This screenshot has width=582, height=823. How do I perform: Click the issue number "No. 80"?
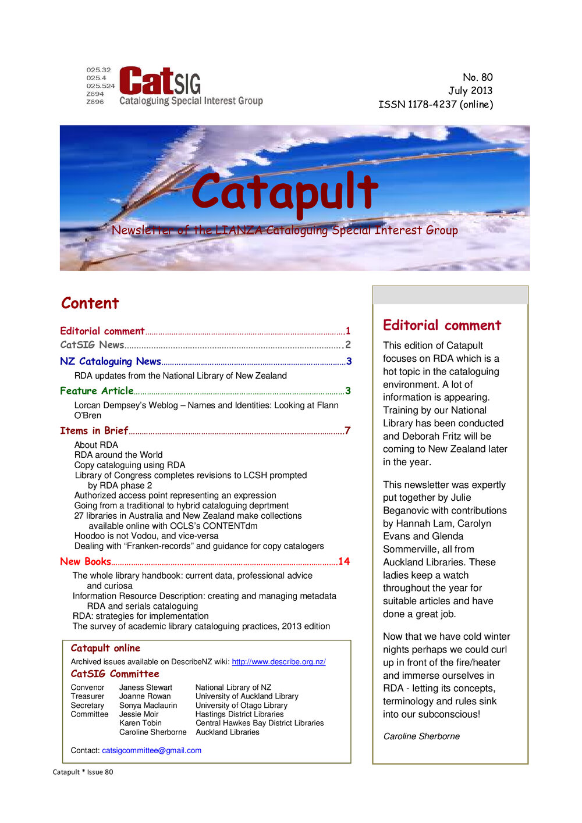coord(477,77)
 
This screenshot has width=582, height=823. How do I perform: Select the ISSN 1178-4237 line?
coord(435,105)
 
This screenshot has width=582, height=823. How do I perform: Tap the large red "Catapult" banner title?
coord(285,193)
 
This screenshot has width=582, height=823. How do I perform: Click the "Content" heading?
coord(90,303)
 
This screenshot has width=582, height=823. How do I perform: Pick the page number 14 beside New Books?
coord(344,561)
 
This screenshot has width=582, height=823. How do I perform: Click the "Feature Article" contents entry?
coord(97,391)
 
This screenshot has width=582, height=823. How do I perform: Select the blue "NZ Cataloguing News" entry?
coord(110,361)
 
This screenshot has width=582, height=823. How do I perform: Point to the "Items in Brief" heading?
coord(94,430)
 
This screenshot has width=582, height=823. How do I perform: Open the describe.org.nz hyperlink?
coord(278,662)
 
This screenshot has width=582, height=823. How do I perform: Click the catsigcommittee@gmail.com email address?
coord(151,750)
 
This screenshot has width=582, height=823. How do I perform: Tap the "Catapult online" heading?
coord(105,648)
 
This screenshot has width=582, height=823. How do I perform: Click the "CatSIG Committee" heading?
coord(115,674)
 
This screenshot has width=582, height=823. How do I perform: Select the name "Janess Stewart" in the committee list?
coord(145,687)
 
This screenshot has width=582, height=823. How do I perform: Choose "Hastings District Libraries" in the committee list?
coord(239,714)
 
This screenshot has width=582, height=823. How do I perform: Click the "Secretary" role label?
coord(87,706)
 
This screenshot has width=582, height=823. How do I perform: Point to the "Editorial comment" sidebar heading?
coord(442,325)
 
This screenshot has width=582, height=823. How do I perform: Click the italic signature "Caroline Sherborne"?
coord(421,736)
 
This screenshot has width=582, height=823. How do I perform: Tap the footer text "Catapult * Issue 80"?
coord(83,772)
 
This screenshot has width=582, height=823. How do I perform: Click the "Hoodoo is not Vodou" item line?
coord(146,536)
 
